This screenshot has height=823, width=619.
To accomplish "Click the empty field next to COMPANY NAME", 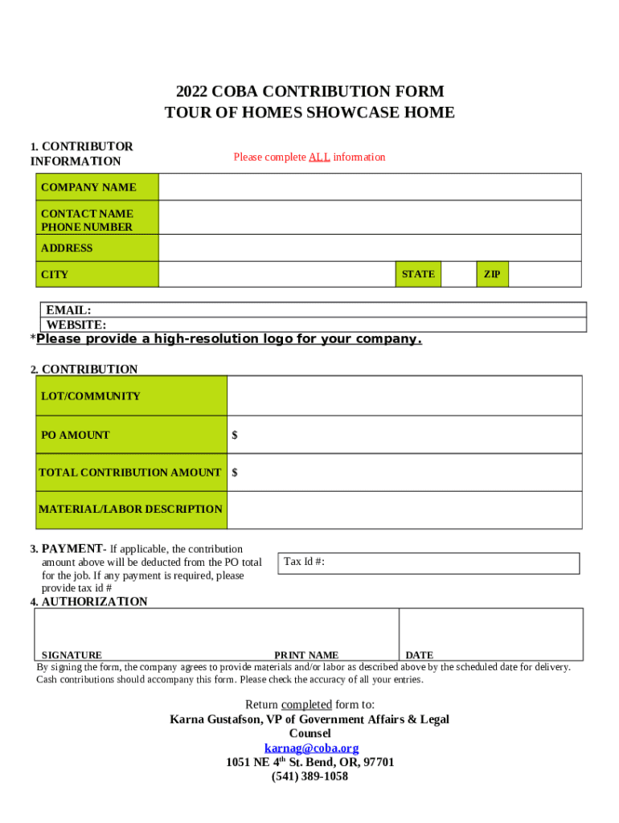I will coord(370,187).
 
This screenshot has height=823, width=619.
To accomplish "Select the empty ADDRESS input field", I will coord(370,248).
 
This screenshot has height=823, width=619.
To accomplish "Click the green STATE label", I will coord(418,274).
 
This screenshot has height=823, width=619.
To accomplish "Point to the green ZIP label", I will coord(492,274).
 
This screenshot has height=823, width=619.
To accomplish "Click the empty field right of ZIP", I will coord(544,274).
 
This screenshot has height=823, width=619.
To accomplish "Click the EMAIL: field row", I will coord(314,310).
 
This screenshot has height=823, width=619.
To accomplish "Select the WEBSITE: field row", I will coord(314,325).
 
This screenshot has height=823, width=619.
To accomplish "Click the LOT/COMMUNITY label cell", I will coord(131,396).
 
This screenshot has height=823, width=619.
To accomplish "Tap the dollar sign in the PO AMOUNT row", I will coord(235,435).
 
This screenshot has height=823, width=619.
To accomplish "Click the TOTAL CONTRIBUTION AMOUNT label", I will coord(130,473).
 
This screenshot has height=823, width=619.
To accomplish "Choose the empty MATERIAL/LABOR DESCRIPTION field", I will coord(404,510).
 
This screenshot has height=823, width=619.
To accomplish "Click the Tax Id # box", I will coord(428,563).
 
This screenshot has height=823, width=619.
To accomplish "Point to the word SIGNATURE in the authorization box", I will coord(72,655).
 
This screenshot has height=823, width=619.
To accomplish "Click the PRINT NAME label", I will coord(306,655).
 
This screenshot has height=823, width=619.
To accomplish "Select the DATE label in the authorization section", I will coord(419,655).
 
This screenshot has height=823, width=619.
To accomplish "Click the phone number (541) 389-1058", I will coord(309,776).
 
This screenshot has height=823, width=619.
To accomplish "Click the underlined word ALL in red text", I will coord(319,158).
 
